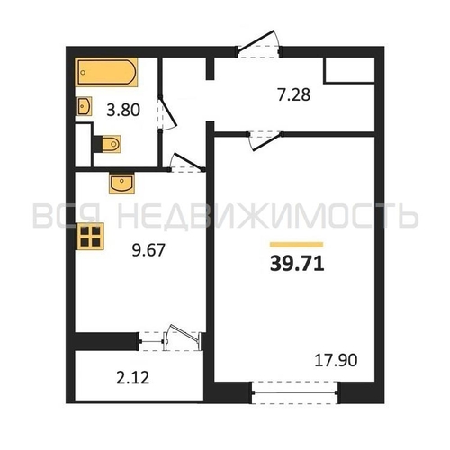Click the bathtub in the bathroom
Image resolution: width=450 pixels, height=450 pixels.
[x=106, y=72]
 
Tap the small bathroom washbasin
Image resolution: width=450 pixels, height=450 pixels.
[x=85, y=106]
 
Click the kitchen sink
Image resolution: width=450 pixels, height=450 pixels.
[x=121, y=184]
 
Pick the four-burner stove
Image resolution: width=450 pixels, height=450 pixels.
[x=90, y=237]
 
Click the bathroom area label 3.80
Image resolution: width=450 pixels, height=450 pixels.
[x=123, y=110]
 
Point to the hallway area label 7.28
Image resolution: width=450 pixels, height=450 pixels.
[x=294, y=94]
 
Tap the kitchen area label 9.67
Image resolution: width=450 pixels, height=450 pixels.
[x=148, y=250]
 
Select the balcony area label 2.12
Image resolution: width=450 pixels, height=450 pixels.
[x=132, y=378]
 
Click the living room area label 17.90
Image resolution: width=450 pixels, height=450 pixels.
[x=336, y=360]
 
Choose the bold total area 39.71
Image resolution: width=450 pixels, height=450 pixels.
[x=297, y=265]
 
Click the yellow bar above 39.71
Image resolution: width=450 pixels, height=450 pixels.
[x=296, y=245]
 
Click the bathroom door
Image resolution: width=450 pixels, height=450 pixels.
[x=166, y=113]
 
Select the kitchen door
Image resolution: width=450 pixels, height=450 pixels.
[x=186, y=164]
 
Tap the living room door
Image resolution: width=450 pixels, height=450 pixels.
[x=264, y=140]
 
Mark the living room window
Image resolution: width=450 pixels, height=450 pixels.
[x=295, y=392]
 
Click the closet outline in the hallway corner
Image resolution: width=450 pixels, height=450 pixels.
[x=349, y=70]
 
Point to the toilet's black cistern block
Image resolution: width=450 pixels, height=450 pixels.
[x=97, y=144]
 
